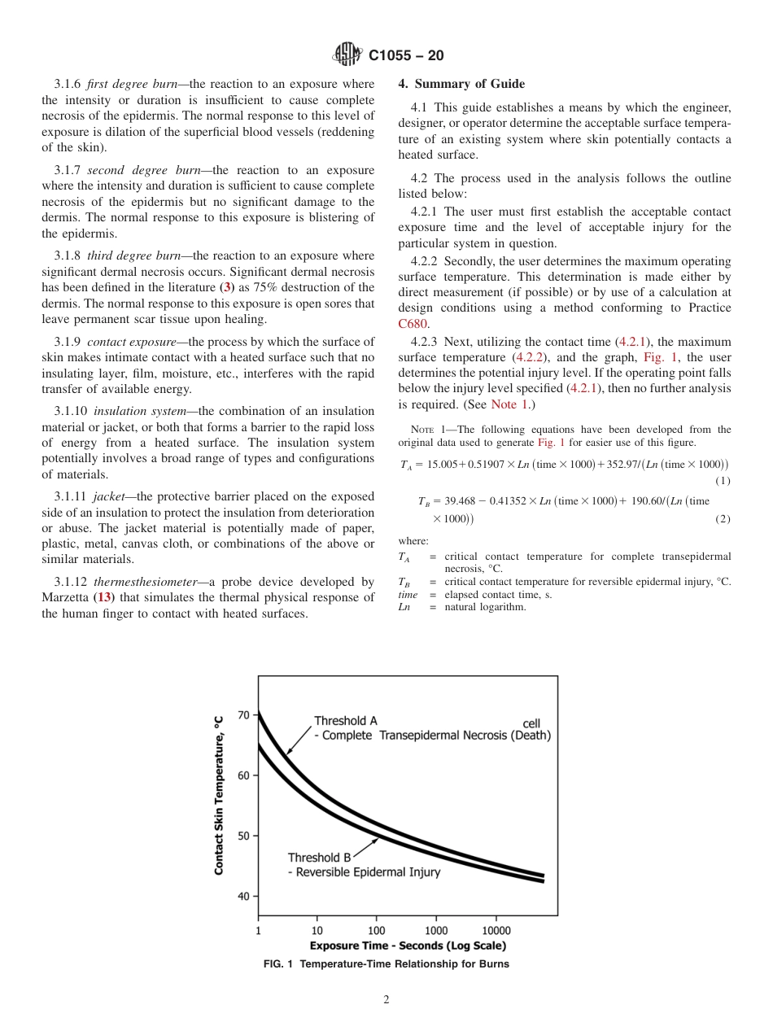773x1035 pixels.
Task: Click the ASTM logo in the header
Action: point(347,55)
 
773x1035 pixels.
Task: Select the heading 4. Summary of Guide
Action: point(461,84)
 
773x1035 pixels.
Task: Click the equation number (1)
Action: point(723,481)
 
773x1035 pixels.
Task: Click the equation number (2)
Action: point(723,519)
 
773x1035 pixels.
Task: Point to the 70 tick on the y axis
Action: point(243,715)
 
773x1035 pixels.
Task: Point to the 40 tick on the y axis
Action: point(243,896)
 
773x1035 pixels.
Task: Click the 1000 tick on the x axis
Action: point(436,931)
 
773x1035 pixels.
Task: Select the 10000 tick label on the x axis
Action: point(496,931)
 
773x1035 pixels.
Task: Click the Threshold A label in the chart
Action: point(346,721)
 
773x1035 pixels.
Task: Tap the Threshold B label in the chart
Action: point(319,858)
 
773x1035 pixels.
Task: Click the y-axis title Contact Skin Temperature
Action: point(219,796)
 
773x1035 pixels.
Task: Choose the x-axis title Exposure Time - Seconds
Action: point(408,945)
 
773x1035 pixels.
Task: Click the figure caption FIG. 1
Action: point(386,964)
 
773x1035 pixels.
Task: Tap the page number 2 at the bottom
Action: point(386,1000)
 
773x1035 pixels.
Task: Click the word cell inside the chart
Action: point(531,723)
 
